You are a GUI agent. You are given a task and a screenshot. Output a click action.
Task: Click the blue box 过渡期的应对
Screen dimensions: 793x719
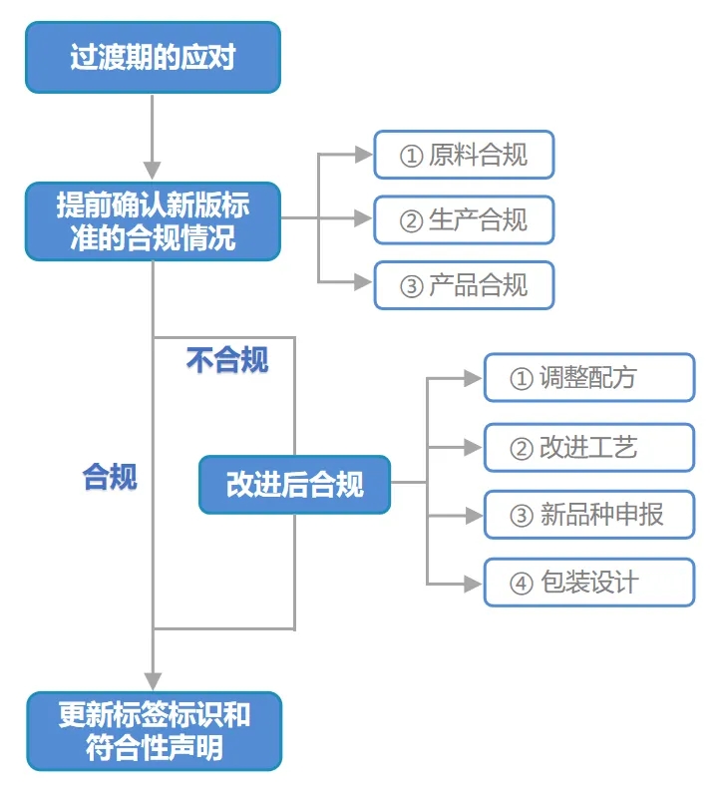click(x=153, y=58)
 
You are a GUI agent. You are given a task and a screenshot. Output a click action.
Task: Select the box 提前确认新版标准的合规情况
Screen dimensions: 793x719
click(x=153, y=221)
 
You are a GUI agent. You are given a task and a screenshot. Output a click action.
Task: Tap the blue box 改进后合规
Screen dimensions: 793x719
click(x=294, y=485)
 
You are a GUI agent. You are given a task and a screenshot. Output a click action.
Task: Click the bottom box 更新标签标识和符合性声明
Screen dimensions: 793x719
click(x=154, y=731)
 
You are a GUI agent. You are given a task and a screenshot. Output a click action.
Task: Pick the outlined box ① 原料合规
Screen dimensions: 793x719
click(x=464, y=156)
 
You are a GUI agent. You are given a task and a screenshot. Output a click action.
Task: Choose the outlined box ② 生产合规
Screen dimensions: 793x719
click(x=464, y=220)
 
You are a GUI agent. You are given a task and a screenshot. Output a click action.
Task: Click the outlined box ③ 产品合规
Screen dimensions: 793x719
click(x=464, y=285)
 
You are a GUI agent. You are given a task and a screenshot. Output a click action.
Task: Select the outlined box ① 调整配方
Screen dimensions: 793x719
click(x=588, y=378)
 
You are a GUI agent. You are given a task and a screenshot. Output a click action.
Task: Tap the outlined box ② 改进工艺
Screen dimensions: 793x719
click(x=588, y=447)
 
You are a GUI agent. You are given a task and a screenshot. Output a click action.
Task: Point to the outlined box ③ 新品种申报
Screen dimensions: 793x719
click(x=588, y=516)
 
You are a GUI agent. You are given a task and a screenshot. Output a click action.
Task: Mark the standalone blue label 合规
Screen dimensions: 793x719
click(x=110, y=478)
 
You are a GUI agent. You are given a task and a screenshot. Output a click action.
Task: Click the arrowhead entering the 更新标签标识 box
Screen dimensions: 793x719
click(x=153, y=680)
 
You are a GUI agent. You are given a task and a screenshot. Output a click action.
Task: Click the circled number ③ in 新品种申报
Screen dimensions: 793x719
click(x=522, y=517)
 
